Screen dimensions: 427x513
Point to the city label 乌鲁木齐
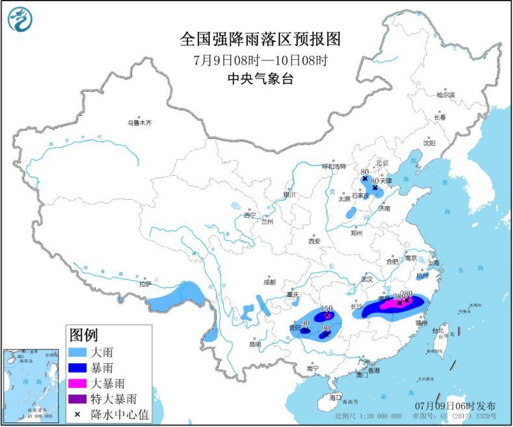click(138, 122)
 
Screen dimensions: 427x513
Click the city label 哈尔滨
click(445, 95)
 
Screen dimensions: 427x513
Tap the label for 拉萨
click(144, 284)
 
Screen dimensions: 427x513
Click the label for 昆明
click(254, 343)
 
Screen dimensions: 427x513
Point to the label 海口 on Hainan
click(335, 396)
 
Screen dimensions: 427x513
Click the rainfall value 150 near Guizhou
click(327, 308)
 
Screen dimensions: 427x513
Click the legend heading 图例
click(84, 335)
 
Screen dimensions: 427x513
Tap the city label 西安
click(315, 241)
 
